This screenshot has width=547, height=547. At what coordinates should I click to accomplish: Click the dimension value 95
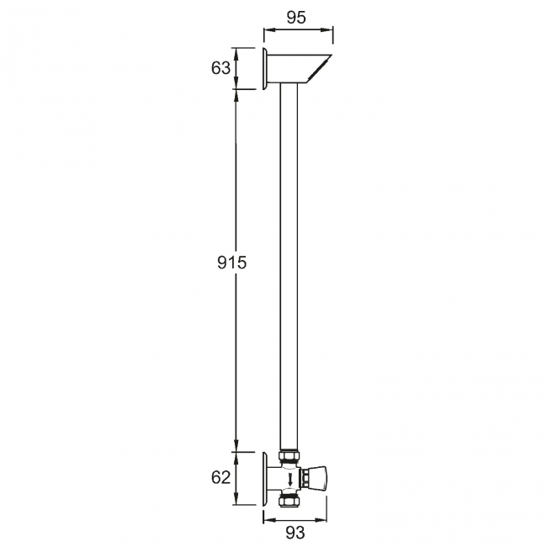296,17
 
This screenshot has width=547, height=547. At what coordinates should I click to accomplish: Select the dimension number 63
220,68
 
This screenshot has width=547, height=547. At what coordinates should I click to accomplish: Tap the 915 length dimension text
232,263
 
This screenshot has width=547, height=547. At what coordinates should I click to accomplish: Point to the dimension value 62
220,477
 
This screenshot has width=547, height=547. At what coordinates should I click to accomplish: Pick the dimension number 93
295,533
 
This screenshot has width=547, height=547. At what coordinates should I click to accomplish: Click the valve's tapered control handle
318,477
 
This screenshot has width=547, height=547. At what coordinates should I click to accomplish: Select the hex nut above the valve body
289,456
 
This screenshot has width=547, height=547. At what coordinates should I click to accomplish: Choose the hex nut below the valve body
289,502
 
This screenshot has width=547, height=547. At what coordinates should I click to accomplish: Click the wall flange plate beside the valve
265,478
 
